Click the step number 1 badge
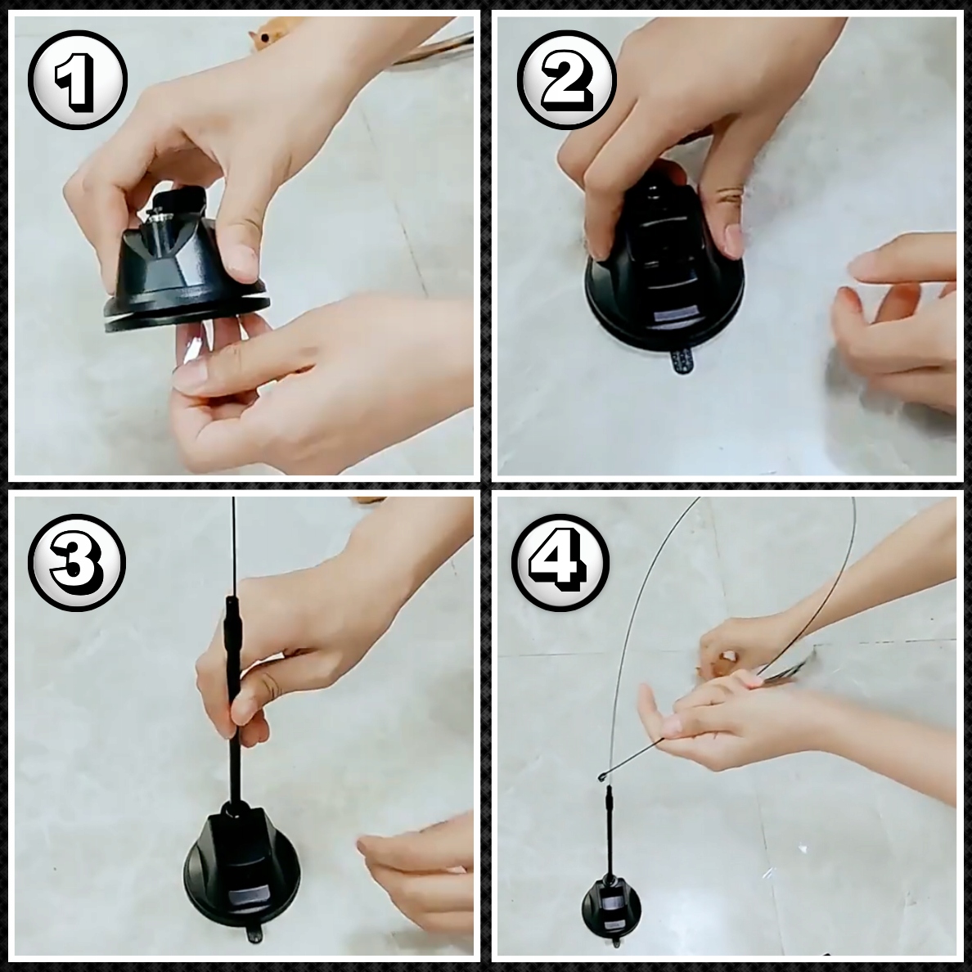pyautogui.click(x=78, y=80)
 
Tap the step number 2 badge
pyautogui.click(x=566, y=80)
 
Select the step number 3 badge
pyautogui.click(x=77, y=562)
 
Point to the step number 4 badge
pyautogui.click(x=560, y=562)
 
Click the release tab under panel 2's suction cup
pyautogui.click(x=682, y=362)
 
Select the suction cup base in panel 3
pyautogui.click(x=241, y=869)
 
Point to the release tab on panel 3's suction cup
pyautogui.click(x=254, y=934)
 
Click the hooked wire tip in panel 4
pyautogui.click(x=602, y=776)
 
